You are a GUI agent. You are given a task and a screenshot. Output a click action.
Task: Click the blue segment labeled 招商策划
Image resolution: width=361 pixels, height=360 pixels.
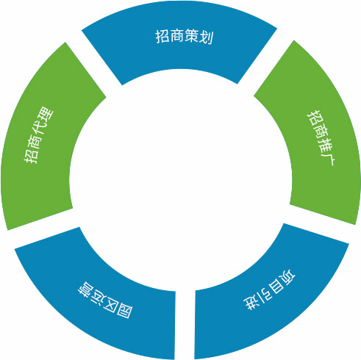[x=180, y=49]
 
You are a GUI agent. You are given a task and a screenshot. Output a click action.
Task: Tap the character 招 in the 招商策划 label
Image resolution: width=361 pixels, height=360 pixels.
[x=162, y=37]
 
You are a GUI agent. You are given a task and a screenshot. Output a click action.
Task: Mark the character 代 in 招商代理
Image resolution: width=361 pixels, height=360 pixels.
[x=41, y=129]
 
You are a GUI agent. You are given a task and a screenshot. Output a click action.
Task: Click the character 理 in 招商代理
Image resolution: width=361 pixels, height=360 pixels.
[x=46, y=115]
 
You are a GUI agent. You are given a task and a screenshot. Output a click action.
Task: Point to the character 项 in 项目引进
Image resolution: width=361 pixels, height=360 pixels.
[x=287, y=277]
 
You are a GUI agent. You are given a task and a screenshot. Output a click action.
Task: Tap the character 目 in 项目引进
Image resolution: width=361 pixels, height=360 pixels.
[x=275, y=287]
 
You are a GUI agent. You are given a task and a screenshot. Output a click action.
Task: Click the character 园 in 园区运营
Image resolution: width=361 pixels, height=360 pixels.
[x=124, y=310]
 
